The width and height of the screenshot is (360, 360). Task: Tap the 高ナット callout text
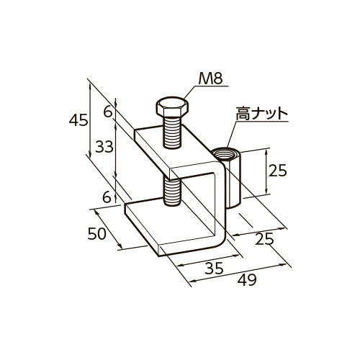tap(262, 114)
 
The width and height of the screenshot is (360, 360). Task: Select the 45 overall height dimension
tap(78, 121)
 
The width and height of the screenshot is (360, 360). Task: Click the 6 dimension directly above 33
tap(107, 112)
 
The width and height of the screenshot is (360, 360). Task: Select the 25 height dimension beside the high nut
tap(277, 171)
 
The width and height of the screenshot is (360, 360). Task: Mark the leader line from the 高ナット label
tap(229, 133)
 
